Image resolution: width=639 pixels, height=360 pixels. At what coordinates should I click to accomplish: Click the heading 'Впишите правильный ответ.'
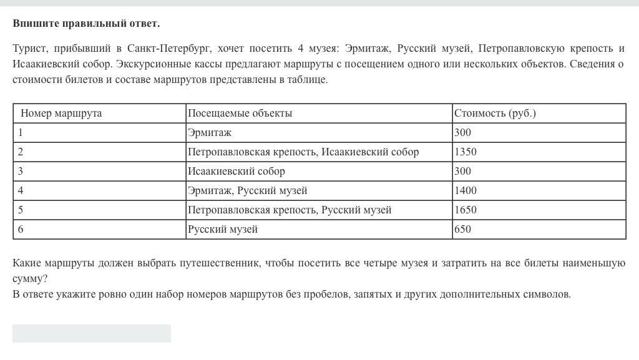[x=86, y=24]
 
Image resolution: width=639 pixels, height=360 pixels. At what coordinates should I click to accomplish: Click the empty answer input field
[x=92, y=333]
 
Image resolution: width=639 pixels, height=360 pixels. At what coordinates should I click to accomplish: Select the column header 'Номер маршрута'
[x=61, y=114]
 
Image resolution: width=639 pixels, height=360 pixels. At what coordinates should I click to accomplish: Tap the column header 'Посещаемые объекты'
[x=240, y=114]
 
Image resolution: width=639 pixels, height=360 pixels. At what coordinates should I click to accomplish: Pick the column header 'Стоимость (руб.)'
[x=495, y=114]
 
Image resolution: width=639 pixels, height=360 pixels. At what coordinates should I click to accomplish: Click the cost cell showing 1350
[x=466, y=152]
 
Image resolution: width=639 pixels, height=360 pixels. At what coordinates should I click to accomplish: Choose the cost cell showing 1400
[x=466, y=191]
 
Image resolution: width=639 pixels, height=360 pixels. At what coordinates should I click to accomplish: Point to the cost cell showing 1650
[x=466, y=210]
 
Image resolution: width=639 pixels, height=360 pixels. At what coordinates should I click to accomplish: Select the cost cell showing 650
[x=463, y=230]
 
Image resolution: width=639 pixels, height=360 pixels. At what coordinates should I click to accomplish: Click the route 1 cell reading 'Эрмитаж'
[x=210, y=133]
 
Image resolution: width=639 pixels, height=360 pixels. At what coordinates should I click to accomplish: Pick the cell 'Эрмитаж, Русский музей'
[x=248, y=191]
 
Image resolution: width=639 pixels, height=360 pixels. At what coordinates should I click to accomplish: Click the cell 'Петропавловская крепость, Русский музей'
[x=290, y=210]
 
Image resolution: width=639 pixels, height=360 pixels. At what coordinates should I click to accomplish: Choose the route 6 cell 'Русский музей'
[x=223, y=230]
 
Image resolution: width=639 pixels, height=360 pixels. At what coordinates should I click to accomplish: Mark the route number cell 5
[x=21, y=210]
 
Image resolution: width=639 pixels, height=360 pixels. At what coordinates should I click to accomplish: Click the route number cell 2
[x=21, y=152]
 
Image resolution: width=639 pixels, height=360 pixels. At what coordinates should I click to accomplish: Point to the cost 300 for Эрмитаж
[x=463, y=133]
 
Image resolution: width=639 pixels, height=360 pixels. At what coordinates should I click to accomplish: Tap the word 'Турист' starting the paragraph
[x=29, y=49]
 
